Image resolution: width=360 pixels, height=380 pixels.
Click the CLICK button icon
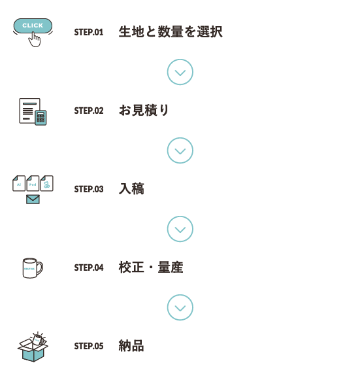click(x=33, y=26)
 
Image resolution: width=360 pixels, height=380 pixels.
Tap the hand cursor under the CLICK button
click(x=35, y=40)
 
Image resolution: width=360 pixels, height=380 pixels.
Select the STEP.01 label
click(x=89, y=32)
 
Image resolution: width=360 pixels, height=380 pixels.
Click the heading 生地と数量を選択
click(x=171, y=32)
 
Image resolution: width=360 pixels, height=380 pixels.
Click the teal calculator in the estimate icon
click(x=41, y=118)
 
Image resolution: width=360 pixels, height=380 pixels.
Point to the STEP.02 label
click(x=89, y=111)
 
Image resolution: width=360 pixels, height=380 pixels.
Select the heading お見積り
click(x=144, y=111)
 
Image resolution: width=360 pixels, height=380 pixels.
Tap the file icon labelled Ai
click(x=19, y=183)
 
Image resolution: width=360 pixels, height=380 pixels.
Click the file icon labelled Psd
click(x=33, y=183)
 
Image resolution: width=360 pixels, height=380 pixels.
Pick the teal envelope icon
click(x=33, y=199)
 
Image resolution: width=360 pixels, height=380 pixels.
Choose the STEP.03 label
click(x=89, y=189)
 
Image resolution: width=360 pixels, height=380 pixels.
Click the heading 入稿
click(x=131, y=189)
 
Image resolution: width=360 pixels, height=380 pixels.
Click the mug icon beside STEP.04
click(x=33, y=268)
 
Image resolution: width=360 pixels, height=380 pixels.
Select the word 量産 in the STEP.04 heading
click(x=171, y=268)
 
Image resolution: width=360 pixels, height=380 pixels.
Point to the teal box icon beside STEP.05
click(x=33, y=347)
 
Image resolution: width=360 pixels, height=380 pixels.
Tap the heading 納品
click(x=131, y=346)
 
